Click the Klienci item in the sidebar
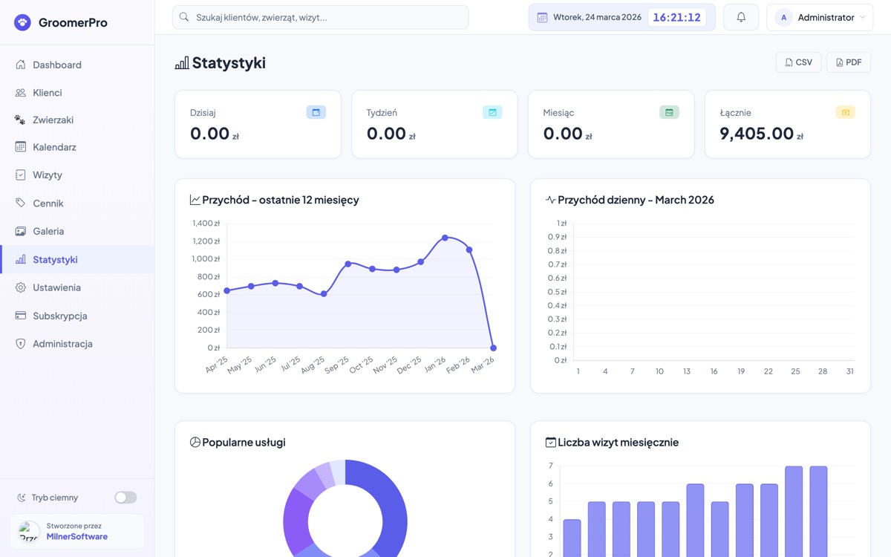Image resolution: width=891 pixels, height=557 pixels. (48, 93)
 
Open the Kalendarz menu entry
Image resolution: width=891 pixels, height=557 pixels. (54, 147)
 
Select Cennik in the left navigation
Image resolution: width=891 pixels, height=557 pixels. (48, 203)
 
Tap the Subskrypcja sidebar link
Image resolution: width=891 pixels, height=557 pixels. (59, 316)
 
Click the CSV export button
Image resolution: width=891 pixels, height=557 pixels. (798, 62)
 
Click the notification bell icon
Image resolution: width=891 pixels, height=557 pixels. (740, 17)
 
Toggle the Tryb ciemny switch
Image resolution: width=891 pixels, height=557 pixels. (125, 498)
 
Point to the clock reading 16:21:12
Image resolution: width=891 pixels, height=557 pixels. (676, 17)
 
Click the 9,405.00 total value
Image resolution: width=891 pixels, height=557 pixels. (757, 134)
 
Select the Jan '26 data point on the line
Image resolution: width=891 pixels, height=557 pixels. (445, 238)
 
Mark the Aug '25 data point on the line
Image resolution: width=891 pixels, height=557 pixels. (324, 294)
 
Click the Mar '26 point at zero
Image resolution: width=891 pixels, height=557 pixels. (494, 348)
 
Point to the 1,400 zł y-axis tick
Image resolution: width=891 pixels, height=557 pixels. (206, 223)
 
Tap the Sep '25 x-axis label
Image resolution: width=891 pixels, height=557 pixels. (337, 365)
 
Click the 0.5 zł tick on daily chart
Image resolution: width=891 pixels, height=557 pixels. (557, 292)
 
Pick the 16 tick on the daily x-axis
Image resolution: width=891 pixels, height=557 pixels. (714, 371)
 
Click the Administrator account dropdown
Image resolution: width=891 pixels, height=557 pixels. (820, 17)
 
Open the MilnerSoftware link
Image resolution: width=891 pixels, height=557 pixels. (77, 537)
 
